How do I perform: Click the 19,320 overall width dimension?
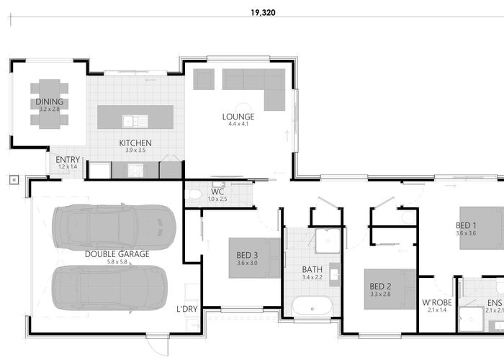(x=263, y=12)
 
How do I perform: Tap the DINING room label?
(x=50, y=102)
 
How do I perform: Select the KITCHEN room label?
(x=135, y=143)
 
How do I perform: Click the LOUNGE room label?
(x=238, y=116)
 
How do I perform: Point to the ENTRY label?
(x=68, y=160)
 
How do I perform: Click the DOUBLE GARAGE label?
(x=117, y=253)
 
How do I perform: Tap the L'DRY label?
(x=188, y=310)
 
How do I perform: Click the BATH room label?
(x=312, y=270)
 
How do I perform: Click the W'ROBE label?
(x=436, y=302)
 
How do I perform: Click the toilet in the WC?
(x=193, y=194)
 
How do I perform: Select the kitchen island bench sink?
(x=130, y=120)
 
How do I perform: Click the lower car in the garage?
(x=108, y=288)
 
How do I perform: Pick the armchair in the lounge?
(x=204, y=78)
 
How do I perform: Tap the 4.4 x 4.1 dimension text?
(x=238, y=124)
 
